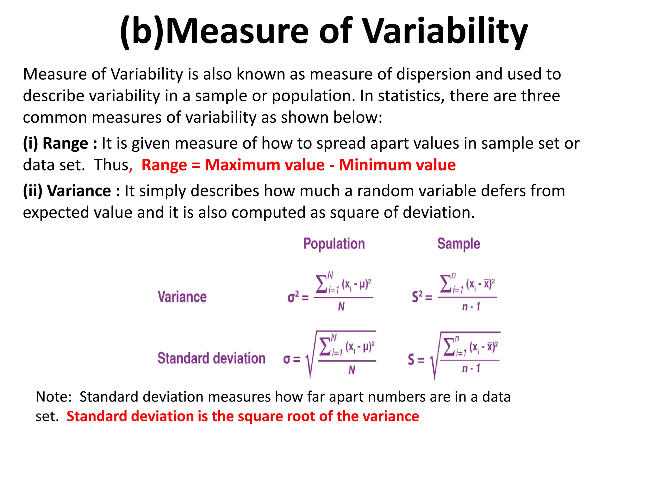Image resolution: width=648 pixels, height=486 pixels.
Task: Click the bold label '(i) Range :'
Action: (60, 143)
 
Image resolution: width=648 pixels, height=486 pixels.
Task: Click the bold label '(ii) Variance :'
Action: (71, 191)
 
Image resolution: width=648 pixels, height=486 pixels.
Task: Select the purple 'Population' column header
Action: (334, 244)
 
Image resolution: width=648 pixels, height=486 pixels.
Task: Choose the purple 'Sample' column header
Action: (458, 244)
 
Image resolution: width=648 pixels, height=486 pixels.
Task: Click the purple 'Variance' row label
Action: (182, 297)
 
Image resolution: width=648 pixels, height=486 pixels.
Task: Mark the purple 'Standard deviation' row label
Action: (211, 358)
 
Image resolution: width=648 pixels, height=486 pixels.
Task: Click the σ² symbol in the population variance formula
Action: (293, 297)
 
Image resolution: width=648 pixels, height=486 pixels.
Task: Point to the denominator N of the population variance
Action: (341, 307)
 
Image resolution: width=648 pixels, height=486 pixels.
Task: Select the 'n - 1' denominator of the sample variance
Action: (471, 307)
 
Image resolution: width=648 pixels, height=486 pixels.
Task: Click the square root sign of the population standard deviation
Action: (309, 361)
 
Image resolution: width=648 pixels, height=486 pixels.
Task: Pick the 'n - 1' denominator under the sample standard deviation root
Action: (471, 368)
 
